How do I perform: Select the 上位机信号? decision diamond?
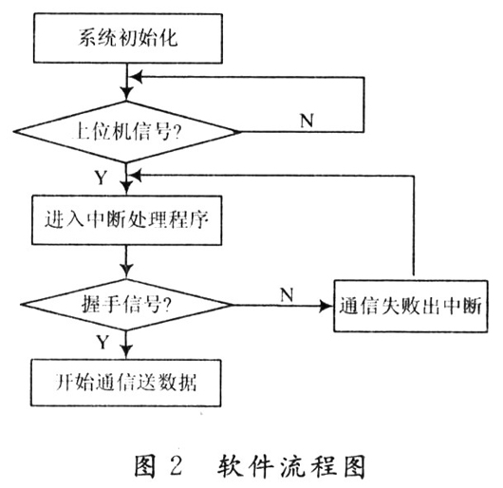pyautogui.click(x=126, y=133)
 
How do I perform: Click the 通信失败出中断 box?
pyautogui.click(x=411, y=307)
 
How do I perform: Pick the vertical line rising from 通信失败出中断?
pyautogui.click(x=411, y=228)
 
